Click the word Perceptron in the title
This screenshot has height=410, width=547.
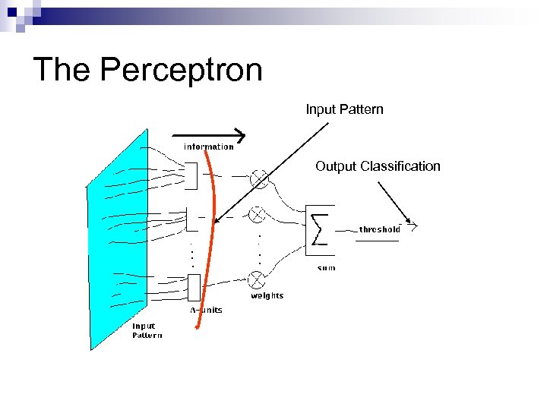(x=181, y=70)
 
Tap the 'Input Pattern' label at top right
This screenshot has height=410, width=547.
(x=344, y=109)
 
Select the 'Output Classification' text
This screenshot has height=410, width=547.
(x=378, y=166)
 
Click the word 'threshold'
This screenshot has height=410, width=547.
(x=379, y=229)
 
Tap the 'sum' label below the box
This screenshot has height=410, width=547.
(x=326, y=268)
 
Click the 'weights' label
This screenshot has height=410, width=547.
(x=267, y=295)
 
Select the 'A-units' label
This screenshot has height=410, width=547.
(x=206, y=310)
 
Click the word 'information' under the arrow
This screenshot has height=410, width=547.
(x=208, y=147)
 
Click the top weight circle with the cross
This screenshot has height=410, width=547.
(x=259, y=178)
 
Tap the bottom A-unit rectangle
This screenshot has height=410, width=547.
(x=193, y=287)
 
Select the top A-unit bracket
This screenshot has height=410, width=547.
(x=190, y=176)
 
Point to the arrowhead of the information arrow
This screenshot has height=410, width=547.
(x=242, y=137)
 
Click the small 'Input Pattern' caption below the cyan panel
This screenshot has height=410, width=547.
(x=147, y=330)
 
